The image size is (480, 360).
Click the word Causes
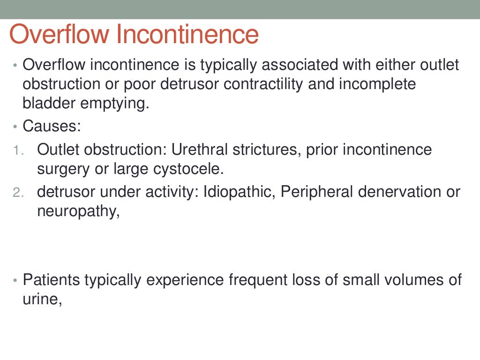click(51, 126)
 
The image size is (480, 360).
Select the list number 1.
click(17, 150)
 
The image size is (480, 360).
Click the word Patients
click(51, 280)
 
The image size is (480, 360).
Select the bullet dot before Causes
click(15, 127)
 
